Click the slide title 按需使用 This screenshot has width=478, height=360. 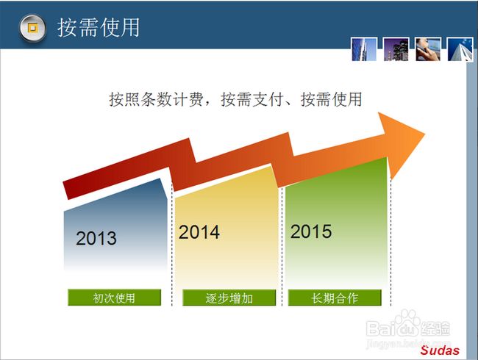(x=98, y=28)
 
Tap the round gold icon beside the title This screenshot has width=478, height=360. (x=32, y=28)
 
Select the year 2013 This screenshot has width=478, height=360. (x=96, y=238)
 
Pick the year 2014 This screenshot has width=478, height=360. (x=199, y=232)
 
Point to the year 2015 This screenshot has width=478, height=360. (x=311, y=231)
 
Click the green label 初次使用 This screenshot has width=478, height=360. (x=114, y=298)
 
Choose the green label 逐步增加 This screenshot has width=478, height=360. (x=229, y=298)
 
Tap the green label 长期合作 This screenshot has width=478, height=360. (x=335, y=298)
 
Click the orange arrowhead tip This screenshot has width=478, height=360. (x=424, y=134)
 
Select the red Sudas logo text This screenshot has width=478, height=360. (x=440, y=350)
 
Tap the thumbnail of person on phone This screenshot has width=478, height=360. (x=428, y=49)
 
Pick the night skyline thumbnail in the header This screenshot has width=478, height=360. (x=396, y=49)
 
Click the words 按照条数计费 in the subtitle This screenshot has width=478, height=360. (x=156, y=99)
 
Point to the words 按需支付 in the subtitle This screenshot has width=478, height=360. (x=252, y=99)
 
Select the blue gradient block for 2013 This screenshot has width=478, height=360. (x=115, y=226)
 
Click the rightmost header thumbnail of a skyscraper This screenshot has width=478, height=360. (x=460, y=49)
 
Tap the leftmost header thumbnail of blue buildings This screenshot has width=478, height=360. (x=364, y=49)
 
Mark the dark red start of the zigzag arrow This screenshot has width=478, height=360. (x=68, y=190)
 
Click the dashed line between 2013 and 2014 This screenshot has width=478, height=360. (x=172, y=244)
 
